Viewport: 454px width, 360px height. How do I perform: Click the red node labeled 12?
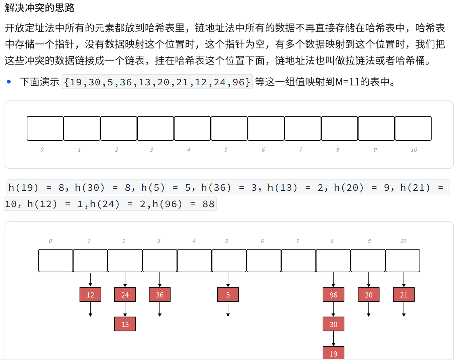coord(90,294)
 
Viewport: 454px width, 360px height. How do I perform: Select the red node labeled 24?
coord(125,294)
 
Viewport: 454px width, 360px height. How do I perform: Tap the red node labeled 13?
coord(125,324)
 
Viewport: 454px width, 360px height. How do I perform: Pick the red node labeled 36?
coord(160,294)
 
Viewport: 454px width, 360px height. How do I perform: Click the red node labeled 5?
coord(228,294)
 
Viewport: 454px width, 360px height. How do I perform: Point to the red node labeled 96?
coord(333,294)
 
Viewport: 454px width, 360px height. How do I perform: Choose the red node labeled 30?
coord(333,324)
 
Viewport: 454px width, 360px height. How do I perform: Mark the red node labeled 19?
coord(333,353)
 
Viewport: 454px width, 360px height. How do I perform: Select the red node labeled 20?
coord(368,294)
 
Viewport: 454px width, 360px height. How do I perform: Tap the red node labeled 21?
coord(404,294)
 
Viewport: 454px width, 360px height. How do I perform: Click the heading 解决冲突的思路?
coord(40,8)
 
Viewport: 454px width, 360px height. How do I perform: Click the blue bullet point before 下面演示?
coord(9,82)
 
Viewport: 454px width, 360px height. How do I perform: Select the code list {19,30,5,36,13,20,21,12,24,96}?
coord(157,82)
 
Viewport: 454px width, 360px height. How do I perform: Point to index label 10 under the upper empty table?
coord(414,150)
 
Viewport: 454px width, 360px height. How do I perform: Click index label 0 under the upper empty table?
coord(42,150)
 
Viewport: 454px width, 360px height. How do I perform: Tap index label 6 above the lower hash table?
coord(262,241)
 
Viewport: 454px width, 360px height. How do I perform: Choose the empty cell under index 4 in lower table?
coord(194,260)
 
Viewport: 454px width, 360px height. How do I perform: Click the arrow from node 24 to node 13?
coord(125,309)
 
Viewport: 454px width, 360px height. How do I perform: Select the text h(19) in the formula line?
coord(23,187)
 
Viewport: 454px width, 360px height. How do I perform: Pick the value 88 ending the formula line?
coord(208,204)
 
